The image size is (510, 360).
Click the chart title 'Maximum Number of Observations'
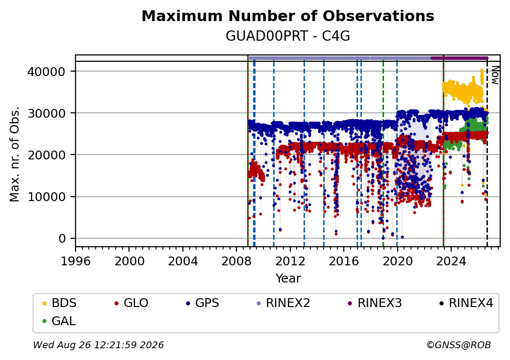(x=288, y=16)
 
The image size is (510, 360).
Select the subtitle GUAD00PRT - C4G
(x=288, y=36)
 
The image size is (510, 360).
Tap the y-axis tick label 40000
(x=47, y=72)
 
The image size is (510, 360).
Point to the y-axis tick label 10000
(x=47, y=197)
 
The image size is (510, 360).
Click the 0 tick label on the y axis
(x=62, y=239)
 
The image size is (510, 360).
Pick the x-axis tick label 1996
(x=76, y=261)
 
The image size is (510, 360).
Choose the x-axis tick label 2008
(x=236, y=261)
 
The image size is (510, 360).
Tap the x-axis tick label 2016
(x=344, y=261)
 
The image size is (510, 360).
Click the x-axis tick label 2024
(x=451, y=261)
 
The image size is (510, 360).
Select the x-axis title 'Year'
(x=288, y=279)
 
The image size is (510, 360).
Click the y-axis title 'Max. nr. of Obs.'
(x=15, y=154)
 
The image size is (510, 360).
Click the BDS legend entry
(x=59, y=303)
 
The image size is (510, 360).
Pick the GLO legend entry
(x=131, y=303)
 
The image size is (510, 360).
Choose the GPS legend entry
(x=203, y=303)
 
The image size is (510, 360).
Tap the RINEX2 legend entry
(x=283, y=303)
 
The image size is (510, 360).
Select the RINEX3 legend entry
(x=375, y=303)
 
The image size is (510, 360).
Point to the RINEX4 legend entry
(x=466, y=303)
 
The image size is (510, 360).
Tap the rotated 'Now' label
(x=495, y=75)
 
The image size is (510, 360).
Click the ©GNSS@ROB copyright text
(x=459, y=345)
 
